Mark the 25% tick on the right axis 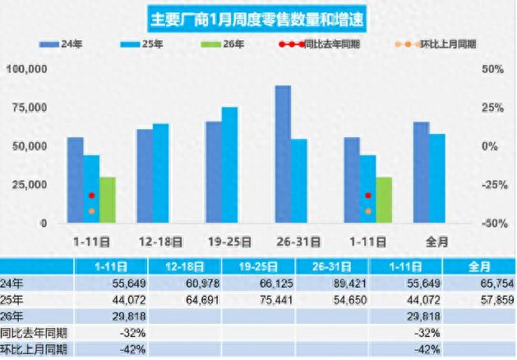(469, 108)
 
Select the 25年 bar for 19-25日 (229, 165)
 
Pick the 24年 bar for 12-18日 (145, 176)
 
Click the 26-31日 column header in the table (334, 267)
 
